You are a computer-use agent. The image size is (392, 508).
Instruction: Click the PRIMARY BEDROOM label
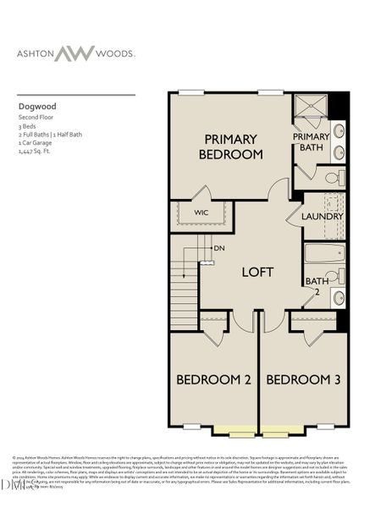click(x=231, y=146)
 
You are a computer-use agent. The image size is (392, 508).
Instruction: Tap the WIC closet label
click(x=202, y=212)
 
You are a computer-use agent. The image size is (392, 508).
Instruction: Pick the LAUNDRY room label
click(x=323, y=216)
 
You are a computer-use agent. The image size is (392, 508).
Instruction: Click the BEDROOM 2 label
click(x=213, y=380)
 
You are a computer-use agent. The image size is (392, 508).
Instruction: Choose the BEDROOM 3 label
click(x=303, y=380)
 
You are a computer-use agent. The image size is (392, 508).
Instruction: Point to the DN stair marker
click(x=218, y=248)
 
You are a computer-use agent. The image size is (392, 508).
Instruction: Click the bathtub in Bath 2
click(x=324, y=253)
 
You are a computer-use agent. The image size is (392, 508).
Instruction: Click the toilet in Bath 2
click(x=334, y=276)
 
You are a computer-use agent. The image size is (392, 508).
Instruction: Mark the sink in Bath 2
click(x=339, y=297)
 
